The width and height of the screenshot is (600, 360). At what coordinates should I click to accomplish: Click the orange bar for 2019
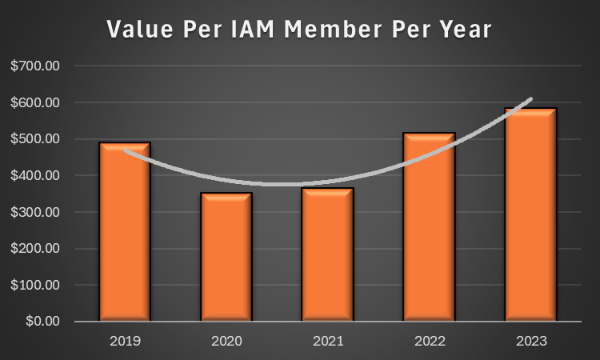[x=125, y=232]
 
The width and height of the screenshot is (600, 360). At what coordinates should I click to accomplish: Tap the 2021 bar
[x=327, y=254]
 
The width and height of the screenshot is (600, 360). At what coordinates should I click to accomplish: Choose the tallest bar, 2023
[x=530, y=214]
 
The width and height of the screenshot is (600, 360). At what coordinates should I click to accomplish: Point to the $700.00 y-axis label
[x=35, y=66]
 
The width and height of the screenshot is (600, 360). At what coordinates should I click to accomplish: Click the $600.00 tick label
[x=35, y=102]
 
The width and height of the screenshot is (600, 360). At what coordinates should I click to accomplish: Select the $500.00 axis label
[x=35, y=139]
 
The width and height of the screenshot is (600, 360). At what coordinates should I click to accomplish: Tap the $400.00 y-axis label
[x=35, y=175]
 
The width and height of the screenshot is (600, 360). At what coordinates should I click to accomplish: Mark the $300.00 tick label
[x=35, y=212]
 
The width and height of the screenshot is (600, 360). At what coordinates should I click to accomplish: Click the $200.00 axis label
[x=35, y=248]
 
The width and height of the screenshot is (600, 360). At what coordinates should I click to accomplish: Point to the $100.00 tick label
[x=35, y=285]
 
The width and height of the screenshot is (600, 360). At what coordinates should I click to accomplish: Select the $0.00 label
[x=41, y=321]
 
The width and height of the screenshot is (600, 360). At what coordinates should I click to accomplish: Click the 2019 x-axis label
[x=125, y=341]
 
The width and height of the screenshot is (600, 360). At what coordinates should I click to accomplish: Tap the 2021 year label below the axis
[x=327, y=341]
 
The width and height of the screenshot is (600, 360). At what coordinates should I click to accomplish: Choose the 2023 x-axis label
[x=530, y=341]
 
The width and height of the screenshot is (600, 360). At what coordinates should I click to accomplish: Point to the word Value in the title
[x=135, y=30]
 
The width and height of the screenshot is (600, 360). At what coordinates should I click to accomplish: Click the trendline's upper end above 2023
[x=530, y=100]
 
